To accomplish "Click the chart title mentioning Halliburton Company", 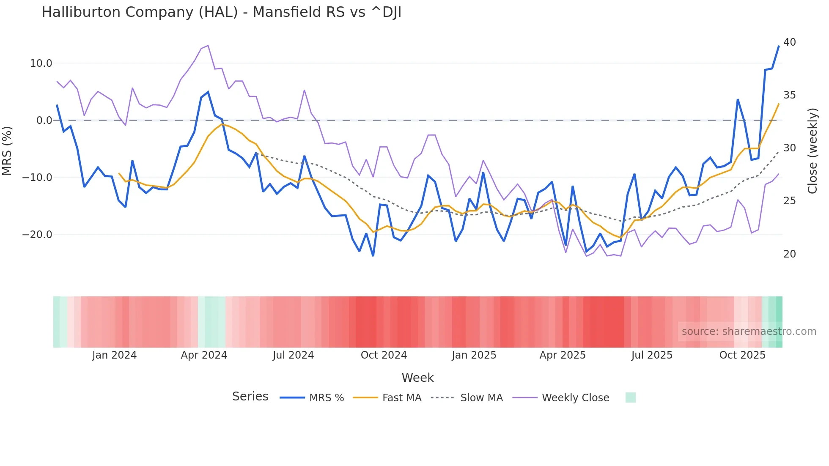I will click(221, 12).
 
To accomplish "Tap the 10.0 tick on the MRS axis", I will click(41, 63).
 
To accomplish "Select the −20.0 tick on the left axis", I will click(37, 235).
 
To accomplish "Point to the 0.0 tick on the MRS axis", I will click(44, 121).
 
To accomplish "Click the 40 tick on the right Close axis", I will click(789, 42).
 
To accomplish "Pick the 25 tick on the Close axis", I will click(789, 201).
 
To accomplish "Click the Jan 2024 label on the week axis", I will click(114, 355).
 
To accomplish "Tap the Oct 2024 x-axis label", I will click(384, 355).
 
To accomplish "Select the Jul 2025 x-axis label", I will click(652, 355).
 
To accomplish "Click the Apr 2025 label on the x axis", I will click(563, 355).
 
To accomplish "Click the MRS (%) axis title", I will click(7, 151).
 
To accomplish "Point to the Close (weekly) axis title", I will click(813, 151).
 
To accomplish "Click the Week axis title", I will click(417, 378).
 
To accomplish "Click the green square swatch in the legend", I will click(630, 397).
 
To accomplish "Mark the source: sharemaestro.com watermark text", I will click(749, 332).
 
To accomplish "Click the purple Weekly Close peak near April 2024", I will click(208, 46).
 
